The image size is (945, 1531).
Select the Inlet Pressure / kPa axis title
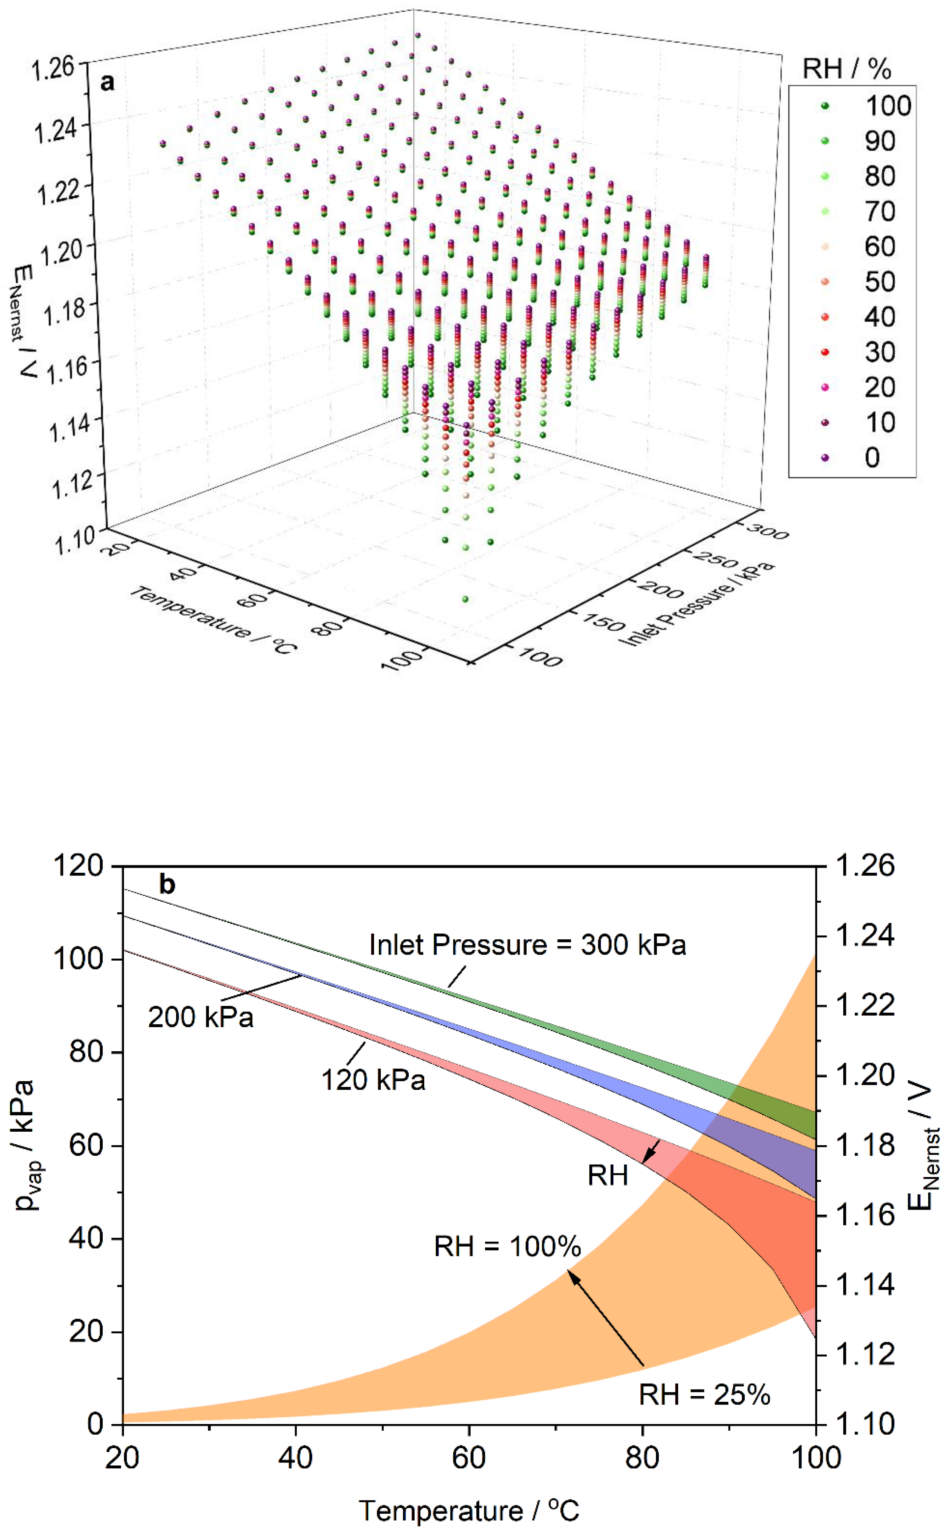pyautogui.click(x=697, y=604)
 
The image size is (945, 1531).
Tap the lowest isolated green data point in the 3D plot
pyautogui.click(x=465, y=600)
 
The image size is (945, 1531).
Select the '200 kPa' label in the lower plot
pyautogui.click(x=200, y=1017)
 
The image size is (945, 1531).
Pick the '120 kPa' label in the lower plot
pyautogui.click(x=373, y=1080)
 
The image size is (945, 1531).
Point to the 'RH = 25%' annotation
pyautogui.click(x=704, y=1395)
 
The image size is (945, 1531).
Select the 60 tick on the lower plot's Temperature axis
pyautogui.click(x=469, y=1458)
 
